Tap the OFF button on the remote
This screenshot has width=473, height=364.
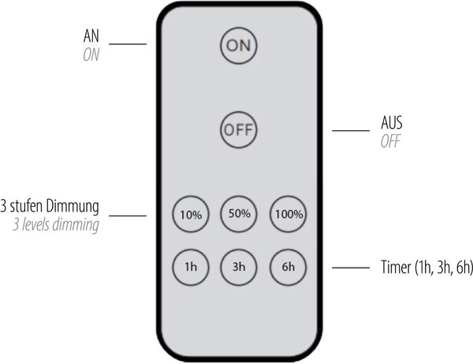[238, 130]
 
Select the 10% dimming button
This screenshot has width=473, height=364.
[191, 214]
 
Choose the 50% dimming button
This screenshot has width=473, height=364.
[239, 214]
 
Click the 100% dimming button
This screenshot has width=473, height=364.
[288, 214]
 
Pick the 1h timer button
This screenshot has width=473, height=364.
[191, 267]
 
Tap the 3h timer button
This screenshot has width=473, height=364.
[239, 267]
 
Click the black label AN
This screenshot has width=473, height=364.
[91, 36]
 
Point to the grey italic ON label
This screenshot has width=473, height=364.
[91, 55]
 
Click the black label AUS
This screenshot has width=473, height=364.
[392, 122]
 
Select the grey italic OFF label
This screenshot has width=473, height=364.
[391, 141]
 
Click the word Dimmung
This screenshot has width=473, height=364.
[73, 207]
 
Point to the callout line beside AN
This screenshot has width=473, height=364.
[128, 44]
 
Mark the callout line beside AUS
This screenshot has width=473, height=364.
[351, 130]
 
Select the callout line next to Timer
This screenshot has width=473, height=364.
[351, 268]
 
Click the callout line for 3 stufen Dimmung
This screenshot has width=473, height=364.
[128, 216]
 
